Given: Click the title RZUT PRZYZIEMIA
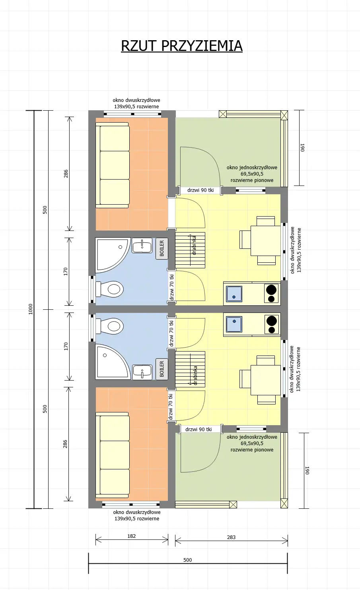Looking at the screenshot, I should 181,46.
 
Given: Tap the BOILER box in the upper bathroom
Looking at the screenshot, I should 162,249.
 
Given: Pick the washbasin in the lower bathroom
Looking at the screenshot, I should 142,371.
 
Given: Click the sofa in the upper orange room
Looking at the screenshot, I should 113,165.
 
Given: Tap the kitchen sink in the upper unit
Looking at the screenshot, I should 234,294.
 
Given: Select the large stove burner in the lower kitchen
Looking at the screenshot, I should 272,320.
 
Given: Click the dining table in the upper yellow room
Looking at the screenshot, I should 265,240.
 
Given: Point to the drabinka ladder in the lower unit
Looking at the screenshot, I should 190,369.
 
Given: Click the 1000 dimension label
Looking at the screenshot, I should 31,309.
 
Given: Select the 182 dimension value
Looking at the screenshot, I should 132,536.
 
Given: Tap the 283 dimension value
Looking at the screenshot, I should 231,537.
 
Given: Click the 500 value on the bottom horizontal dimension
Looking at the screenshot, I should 187,560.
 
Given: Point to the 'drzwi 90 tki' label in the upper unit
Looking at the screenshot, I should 200,190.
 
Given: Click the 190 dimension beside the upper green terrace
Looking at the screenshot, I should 302,148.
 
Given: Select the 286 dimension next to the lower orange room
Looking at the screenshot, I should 65,444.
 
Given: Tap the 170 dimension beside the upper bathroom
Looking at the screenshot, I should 66,272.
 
